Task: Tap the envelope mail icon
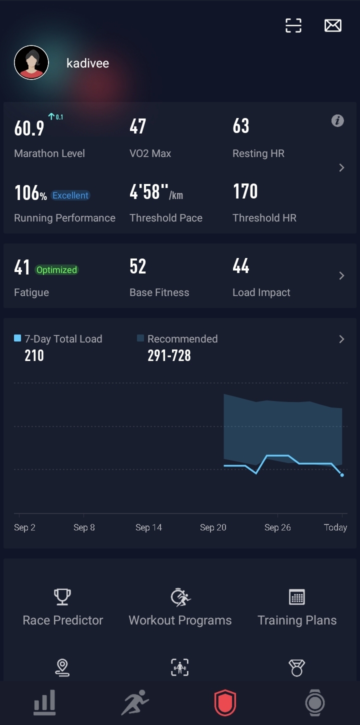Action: point(333,25)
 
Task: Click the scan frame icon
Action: point(293,25)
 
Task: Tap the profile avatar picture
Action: point(31,62)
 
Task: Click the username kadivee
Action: point(87,63)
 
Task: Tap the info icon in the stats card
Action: point(337,120)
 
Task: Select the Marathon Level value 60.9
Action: point(29,128)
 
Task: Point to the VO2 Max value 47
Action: point(137,126)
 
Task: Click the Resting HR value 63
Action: point(240,126)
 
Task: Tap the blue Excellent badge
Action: point(70,195)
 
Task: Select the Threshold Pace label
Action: point(166,218)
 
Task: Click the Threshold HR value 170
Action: point(245,191)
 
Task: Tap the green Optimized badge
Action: point(56,270)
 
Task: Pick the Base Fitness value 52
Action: point(137,266)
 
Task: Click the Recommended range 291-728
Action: point(169,355)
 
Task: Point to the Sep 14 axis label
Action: point(148,527)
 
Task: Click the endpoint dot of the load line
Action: point(342,475)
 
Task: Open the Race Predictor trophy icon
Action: point(62,596)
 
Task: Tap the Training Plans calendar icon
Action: point(297,596)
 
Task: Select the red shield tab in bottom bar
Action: point(225,703)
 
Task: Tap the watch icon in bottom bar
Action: point(314,702)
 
